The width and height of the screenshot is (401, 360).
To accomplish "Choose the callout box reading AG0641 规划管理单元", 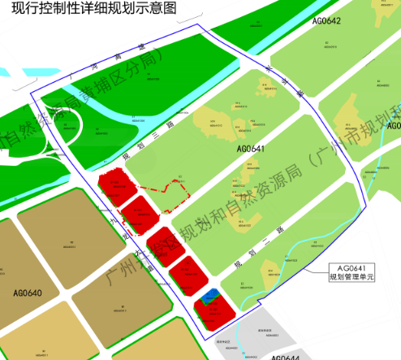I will pyautogui.click(x=352, y=272).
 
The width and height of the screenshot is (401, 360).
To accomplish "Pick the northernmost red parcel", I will pyautogui.click(x=115, y=187).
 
